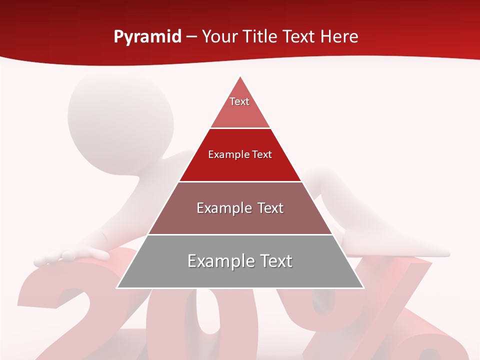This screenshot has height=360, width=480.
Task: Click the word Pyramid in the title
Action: (147, 37)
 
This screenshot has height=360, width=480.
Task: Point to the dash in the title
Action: (191, 37)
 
